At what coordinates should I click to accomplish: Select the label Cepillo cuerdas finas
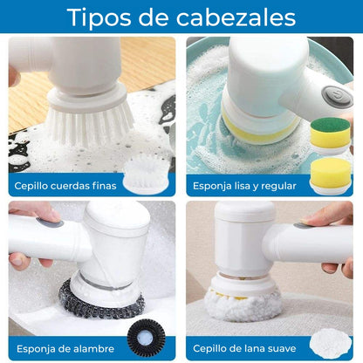(x=64, y=186)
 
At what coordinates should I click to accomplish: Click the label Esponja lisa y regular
(x=243, y=186)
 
